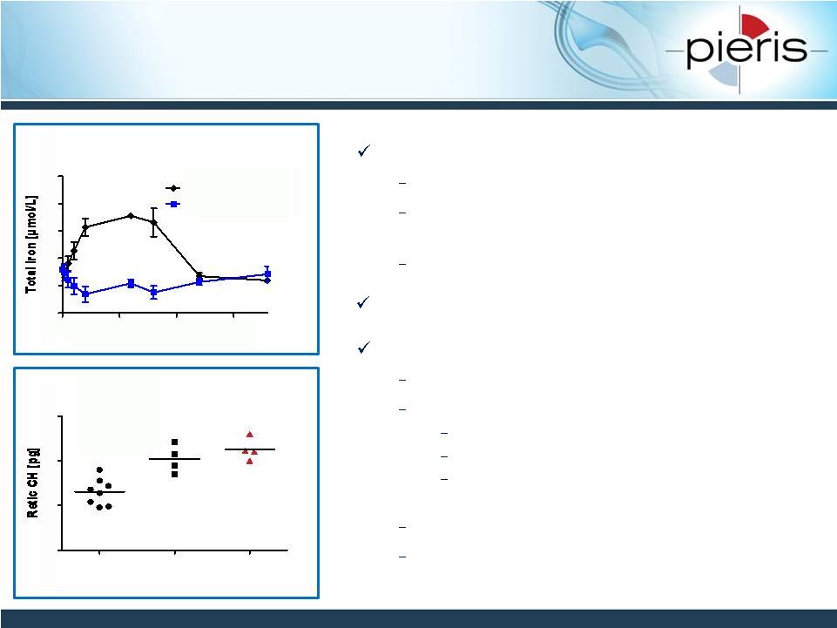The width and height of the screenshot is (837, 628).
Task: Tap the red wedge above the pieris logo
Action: click(x=755, y=24)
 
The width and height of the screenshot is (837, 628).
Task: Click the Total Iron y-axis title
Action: click(x=31, y=244)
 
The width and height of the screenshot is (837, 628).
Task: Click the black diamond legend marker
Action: click(x=173, y=188)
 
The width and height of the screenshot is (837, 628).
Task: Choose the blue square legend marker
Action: click(x=173, y=204)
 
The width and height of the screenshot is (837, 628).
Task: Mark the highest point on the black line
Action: click(x=131, y=216)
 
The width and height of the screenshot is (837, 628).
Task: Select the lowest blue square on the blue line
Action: click(x=85, y=294)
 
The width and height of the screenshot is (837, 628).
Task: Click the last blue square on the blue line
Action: click(x=267, y=274)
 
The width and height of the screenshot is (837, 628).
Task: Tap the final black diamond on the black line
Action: click(x=267, y=280)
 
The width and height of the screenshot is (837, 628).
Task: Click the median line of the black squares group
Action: click(x=174, y=459)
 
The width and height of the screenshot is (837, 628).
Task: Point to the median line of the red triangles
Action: click(x=250, y=449)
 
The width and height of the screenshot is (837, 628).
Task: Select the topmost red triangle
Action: click(x=250, y=435)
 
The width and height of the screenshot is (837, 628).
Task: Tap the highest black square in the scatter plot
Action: click(x=174, y=442)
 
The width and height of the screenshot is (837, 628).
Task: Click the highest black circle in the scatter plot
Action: click(x=100, y=470)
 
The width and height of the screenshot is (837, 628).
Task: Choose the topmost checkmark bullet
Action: click(x=364, y=152)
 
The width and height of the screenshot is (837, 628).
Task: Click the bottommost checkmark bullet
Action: click(x=364, y=348)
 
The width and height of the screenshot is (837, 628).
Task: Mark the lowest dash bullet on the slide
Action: click(x=402, y=557)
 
